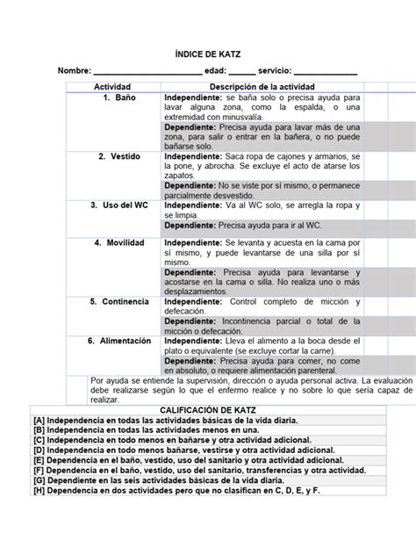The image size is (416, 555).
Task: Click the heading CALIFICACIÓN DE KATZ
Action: (x=208, y=410)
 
